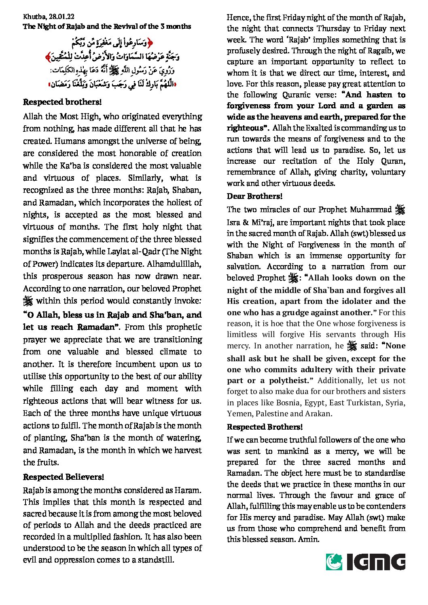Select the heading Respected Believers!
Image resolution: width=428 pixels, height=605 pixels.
[64, 477]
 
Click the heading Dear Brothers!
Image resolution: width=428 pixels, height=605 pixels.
[254, 196]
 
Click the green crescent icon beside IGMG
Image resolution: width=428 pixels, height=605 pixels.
[334, 562]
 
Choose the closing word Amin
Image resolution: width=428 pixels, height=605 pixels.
[308, 539]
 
